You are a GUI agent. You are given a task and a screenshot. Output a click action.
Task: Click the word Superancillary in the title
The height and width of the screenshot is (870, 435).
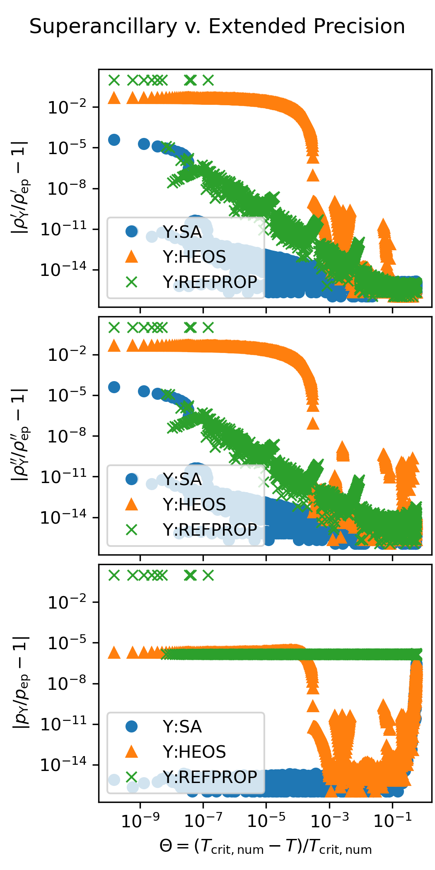[x=103, y=27]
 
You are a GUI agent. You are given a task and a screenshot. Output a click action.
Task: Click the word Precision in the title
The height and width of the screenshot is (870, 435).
[x=359, y=27]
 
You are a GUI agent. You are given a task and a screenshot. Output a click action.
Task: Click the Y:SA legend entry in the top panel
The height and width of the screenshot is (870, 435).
[x=182, y=232]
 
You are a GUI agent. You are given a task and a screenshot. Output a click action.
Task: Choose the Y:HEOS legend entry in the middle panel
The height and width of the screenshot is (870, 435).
[x=194, y=505]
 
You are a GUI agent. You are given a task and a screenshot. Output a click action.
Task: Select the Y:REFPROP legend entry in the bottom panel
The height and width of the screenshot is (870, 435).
[x=210, y=777]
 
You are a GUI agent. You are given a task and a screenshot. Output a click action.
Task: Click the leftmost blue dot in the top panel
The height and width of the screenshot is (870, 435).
[x=114, y=140]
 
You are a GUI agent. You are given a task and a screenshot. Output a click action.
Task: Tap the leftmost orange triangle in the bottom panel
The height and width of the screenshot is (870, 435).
[x=114, y=653]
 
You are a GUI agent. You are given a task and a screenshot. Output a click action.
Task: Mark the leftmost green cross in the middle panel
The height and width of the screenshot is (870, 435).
[x=114, y=328]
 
